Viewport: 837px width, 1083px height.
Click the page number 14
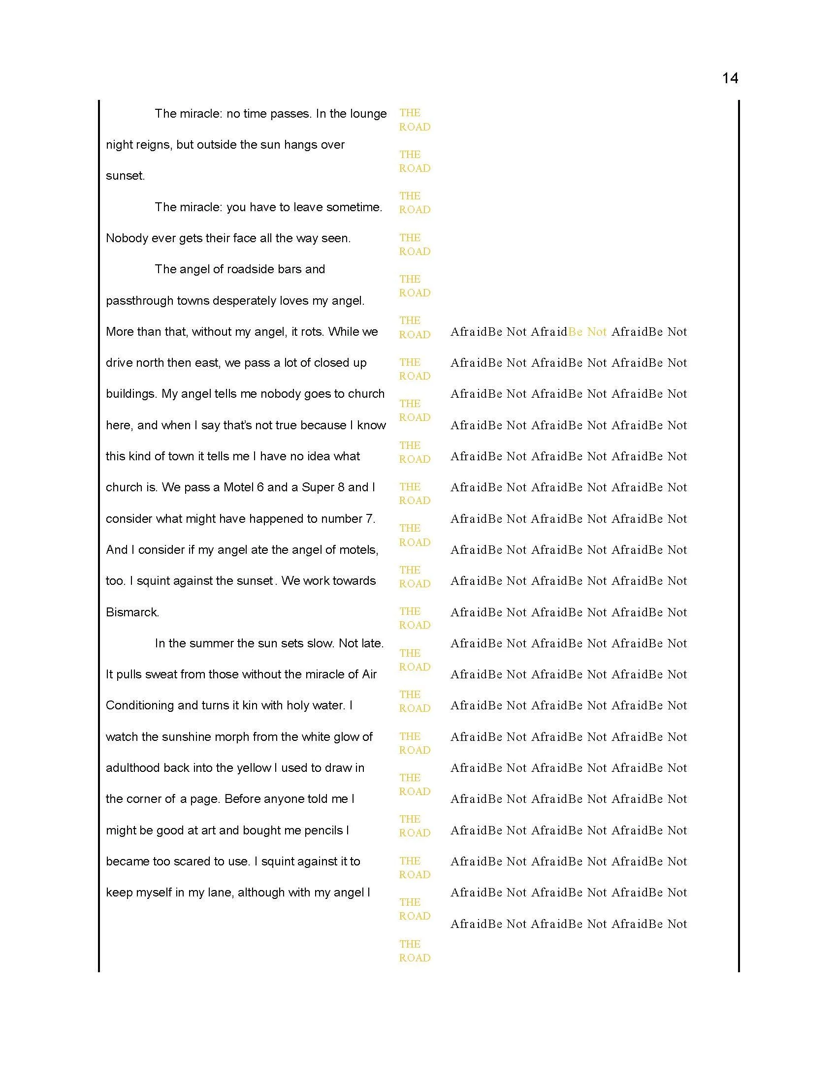(x=730, y=78)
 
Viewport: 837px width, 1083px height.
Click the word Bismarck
(x=132, y=612)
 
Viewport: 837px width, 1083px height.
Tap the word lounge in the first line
(x=368, y=114)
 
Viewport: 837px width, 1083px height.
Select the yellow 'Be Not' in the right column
(x=587, y=332)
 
